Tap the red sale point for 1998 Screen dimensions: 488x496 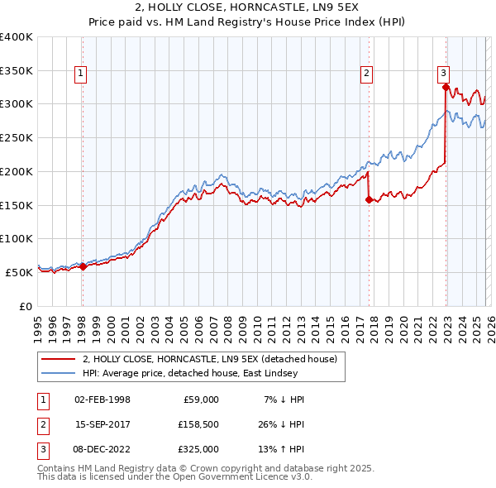[x=83, y=266]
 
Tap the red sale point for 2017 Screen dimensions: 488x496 [x=369, y=199]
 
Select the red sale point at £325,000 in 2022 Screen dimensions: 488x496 [x=446, y=86]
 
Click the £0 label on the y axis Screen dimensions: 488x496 [x=25, y=306]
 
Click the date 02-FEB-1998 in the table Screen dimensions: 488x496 [x=102, y=399]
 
